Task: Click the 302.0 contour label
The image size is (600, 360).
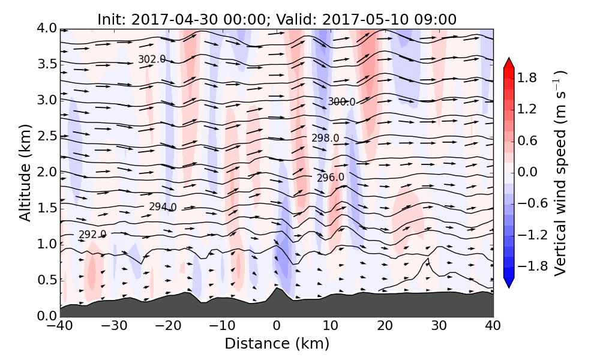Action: [x=151, y=59]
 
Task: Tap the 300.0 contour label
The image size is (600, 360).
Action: [x=341, y=102]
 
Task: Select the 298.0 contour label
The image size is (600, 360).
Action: [x=325, y=139]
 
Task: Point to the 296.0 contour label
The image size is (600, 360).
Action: [x=331, y=177]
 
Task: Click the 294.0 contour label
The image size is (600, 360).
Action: [x=163, y=207]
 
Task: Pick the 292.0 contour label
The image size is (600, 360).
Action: [x=92, y=235]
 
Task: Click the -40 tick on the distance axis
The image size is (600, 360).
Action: [x=60, y=326]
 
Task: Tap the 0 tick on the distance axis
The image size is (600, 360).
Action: [x=277, y=326]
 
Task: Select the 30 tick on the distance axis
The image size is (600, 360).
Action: [x=439, y=326]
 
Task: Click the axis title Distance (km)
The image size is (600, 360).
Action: [x=277, y=344]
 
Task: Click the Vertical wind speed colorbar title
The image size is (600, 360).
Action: [x=560, y=172]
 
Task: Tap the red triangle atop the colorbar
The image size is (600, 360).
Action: [x=509, y=63]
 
